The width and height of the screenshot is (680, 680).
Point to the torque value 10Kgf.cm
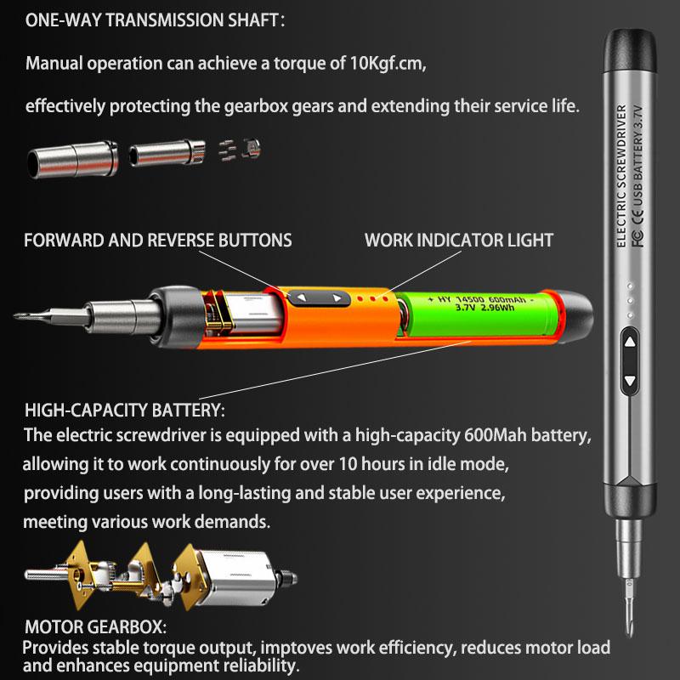coord(388,64)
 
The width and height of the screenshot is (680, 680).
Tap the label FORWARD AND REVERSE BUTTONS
coord(157,241)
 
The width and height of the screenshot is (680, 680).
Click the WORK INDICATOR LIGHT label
coord(459,241)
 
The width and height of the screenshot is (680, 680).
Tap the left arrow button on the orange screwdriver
coord(302,297)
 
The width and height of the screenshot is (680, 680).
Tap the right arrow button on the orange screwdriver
coord(337,297)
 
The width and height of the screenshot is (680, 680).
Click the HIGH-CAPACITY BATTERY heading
coord(124,411)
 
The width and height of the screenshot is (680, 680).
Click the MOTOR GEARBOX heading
coord(95,627)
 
